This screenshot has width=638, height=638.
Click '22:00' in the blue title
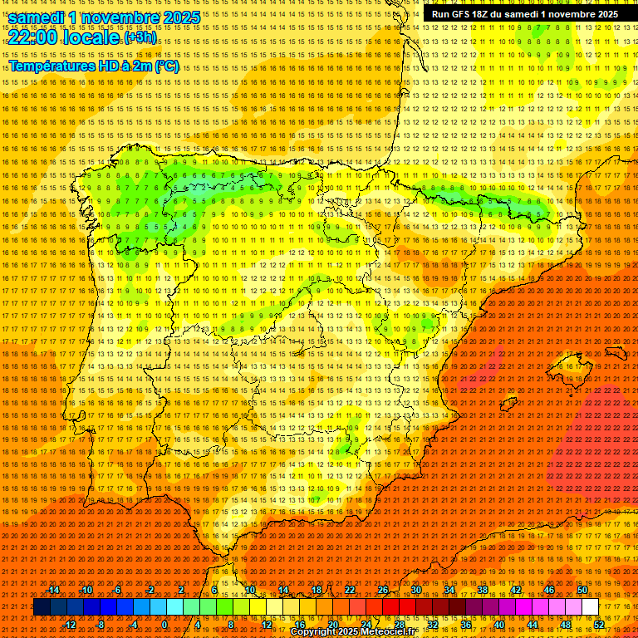[34, 37]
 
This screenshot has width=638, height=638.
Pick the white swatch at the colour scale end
[590, 607]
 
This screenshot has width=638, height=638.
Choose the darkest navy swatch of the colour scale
[42, 607]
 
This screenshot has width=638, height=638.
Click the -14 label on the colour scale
[53, 590]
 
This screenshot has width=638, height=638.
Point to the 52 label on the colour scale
[599, 625]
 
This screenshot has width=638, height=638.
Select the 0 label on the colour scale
[164, 625]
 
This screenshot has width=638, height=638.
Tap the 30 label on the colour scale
[415, 590]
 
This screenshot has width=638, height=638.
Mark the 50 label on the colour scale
[582, 590]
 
